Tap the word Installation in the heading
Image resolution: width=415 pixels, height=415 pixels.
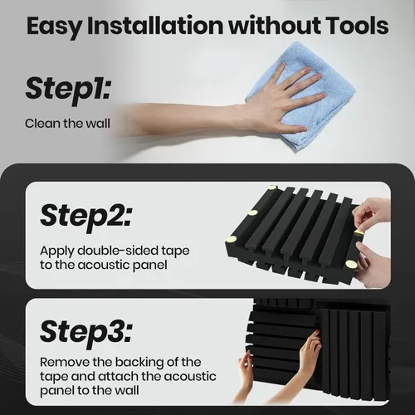pyautogui.click(x=155, y=26)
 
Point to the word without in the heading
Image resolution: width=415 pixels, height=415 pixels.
pyautogui.click(x=274, y=26)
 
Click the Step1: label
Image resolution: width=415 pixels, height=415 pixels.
pyautogui.click(x=68, y=89)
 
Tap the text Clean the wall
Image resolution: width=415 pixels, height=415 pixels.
pyautogui.click(x=67, y=124)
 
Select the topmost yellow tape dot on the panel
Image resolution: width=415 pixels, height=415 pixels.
pyautogui.click(x=273, y=188)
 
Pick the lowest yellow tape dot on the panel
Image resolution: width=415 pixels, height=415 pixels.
pyautogui.click(x=351, y=263)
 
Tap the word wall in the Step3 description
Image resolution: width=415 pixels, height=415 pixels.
pyautogui.click(x=127, y=390)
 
